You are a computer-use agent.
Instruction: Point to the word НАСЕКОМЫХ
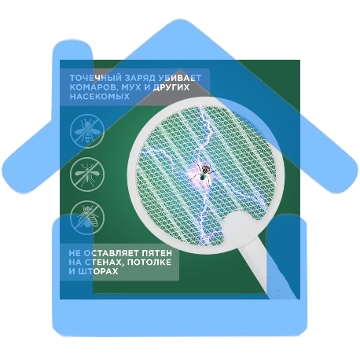(100, 96)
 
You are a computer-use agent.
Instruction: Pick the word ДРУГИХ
(171, 87)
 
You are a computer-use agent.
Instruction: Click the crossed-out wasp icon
(87, 131)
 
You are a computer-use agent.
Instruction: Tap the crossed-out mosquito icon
(87, 174)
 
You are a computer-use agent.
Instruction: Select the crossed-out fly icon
(87, 218)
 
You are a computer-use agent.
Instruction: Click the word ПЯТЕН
(156, 253)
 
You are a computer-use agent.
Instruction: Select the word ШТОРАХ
(97, 271)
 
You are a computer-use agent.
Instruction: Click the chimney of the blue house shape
(73, 55)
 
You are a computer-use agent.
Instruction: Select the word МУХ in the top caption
(131, 87)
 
